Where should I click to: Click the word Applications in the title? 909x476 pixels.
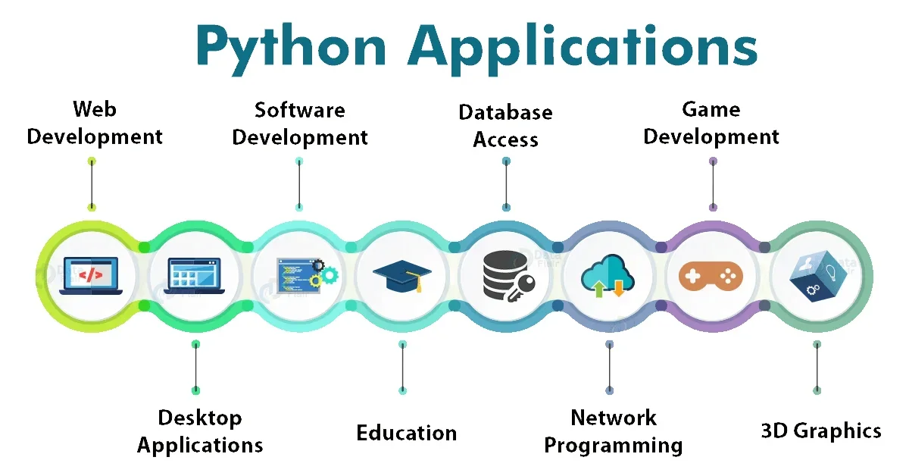(x=583, y=47)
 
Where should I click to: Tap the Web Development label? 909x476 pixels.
(x=95, y=123)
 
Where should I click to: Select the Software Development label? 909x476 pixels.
(x=300, y=124)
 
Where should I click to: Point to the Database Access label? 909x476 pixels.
(x=505, y=126)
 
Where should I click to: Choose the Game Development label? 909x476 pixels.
(x=711, y=123)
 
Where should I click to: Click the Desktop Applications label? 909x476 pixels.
(x=200, y=431)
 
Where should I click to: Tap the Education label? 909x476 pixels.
(x=407, y=433)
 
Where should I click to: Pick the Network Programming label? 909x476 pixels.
(x=613, y=431)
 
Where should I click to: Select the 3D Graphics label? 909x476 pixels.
(x=821, y=431)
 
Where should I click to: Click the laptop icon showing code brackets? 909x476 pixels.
(x=91, y=275)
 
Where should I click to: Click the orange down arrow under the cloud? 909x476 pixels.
(x=619, y=288)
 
